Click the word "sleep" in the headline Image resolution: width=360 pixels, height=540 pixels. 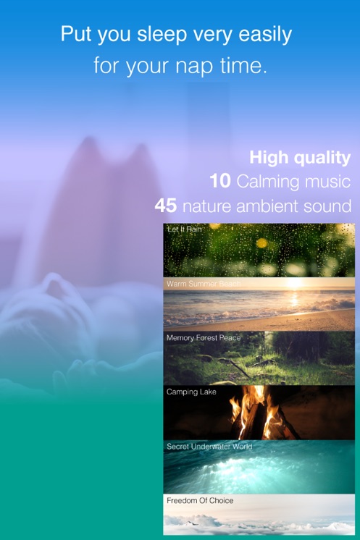pos(162,35)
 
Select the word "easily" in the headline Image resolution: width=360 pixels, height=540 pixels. pos(265,35)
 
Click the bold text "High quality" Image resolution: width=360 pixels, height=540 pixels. pos(300,158)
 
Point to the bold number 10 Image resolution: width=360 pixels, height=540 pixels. pos(220,181)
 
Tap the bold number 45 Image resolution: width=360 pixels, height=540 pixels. pos(166,206)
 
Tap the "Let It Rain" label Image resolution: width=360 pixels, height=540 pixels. pos(184,229)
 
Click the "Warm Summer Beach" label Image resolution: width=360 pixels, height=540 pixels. pos(204,284)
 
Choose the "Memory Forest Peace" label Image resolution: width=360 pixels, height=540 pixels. pos(204,338)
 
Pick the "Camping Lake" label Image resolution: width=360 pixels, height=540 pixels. pos(191,392)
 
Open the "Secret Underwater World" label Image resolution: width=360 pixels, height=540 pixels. pos(209,447)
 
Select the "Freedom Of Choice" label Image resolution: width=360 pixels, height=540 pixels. pos(200,500)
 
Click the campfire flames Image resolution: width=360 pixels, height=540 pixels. pos(256,412)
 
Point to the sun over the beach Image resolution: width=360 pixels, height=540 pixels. pos(295,283)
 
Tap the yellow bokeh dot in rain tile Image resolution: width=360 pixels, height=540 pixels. pos(261,243)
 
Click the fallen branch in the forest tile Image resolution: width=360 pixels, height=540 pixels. pos(238,368)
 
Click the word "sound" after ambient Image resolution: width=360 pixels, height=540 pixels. pos(327,206)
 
